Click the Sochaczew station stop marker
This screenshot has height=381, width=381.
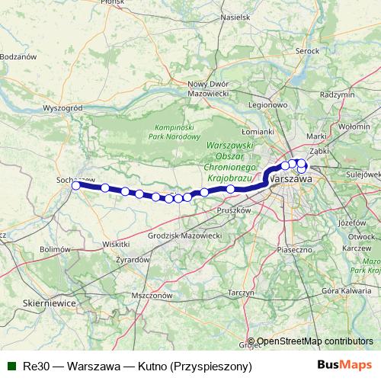(75, 185)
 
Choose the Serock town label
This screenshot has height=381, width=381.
(306, 50)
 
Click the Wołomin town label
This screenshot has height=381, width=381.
(354, 126)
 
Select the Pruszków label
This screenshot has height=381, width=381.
(234, 210)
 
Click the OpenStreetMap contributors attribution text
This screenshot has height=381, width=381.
(315, 342)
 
